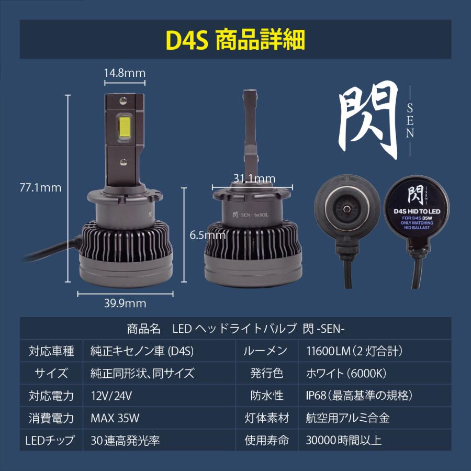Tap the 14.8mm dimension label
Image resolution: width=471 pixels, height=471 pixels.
(124, 73)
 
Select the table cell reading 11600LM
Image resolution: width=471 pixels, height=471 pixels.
(354, 351)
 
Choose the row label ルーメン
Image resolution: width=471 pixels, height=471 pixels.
(265, 351)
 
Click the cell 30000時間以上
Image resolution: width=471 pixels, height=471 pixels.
(344, 440)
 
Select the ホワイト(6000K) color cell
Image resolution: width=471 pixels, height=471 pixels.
(346, 373)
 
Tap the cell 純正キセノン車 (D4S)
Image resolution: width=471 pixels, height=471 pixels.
(142, 351)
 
